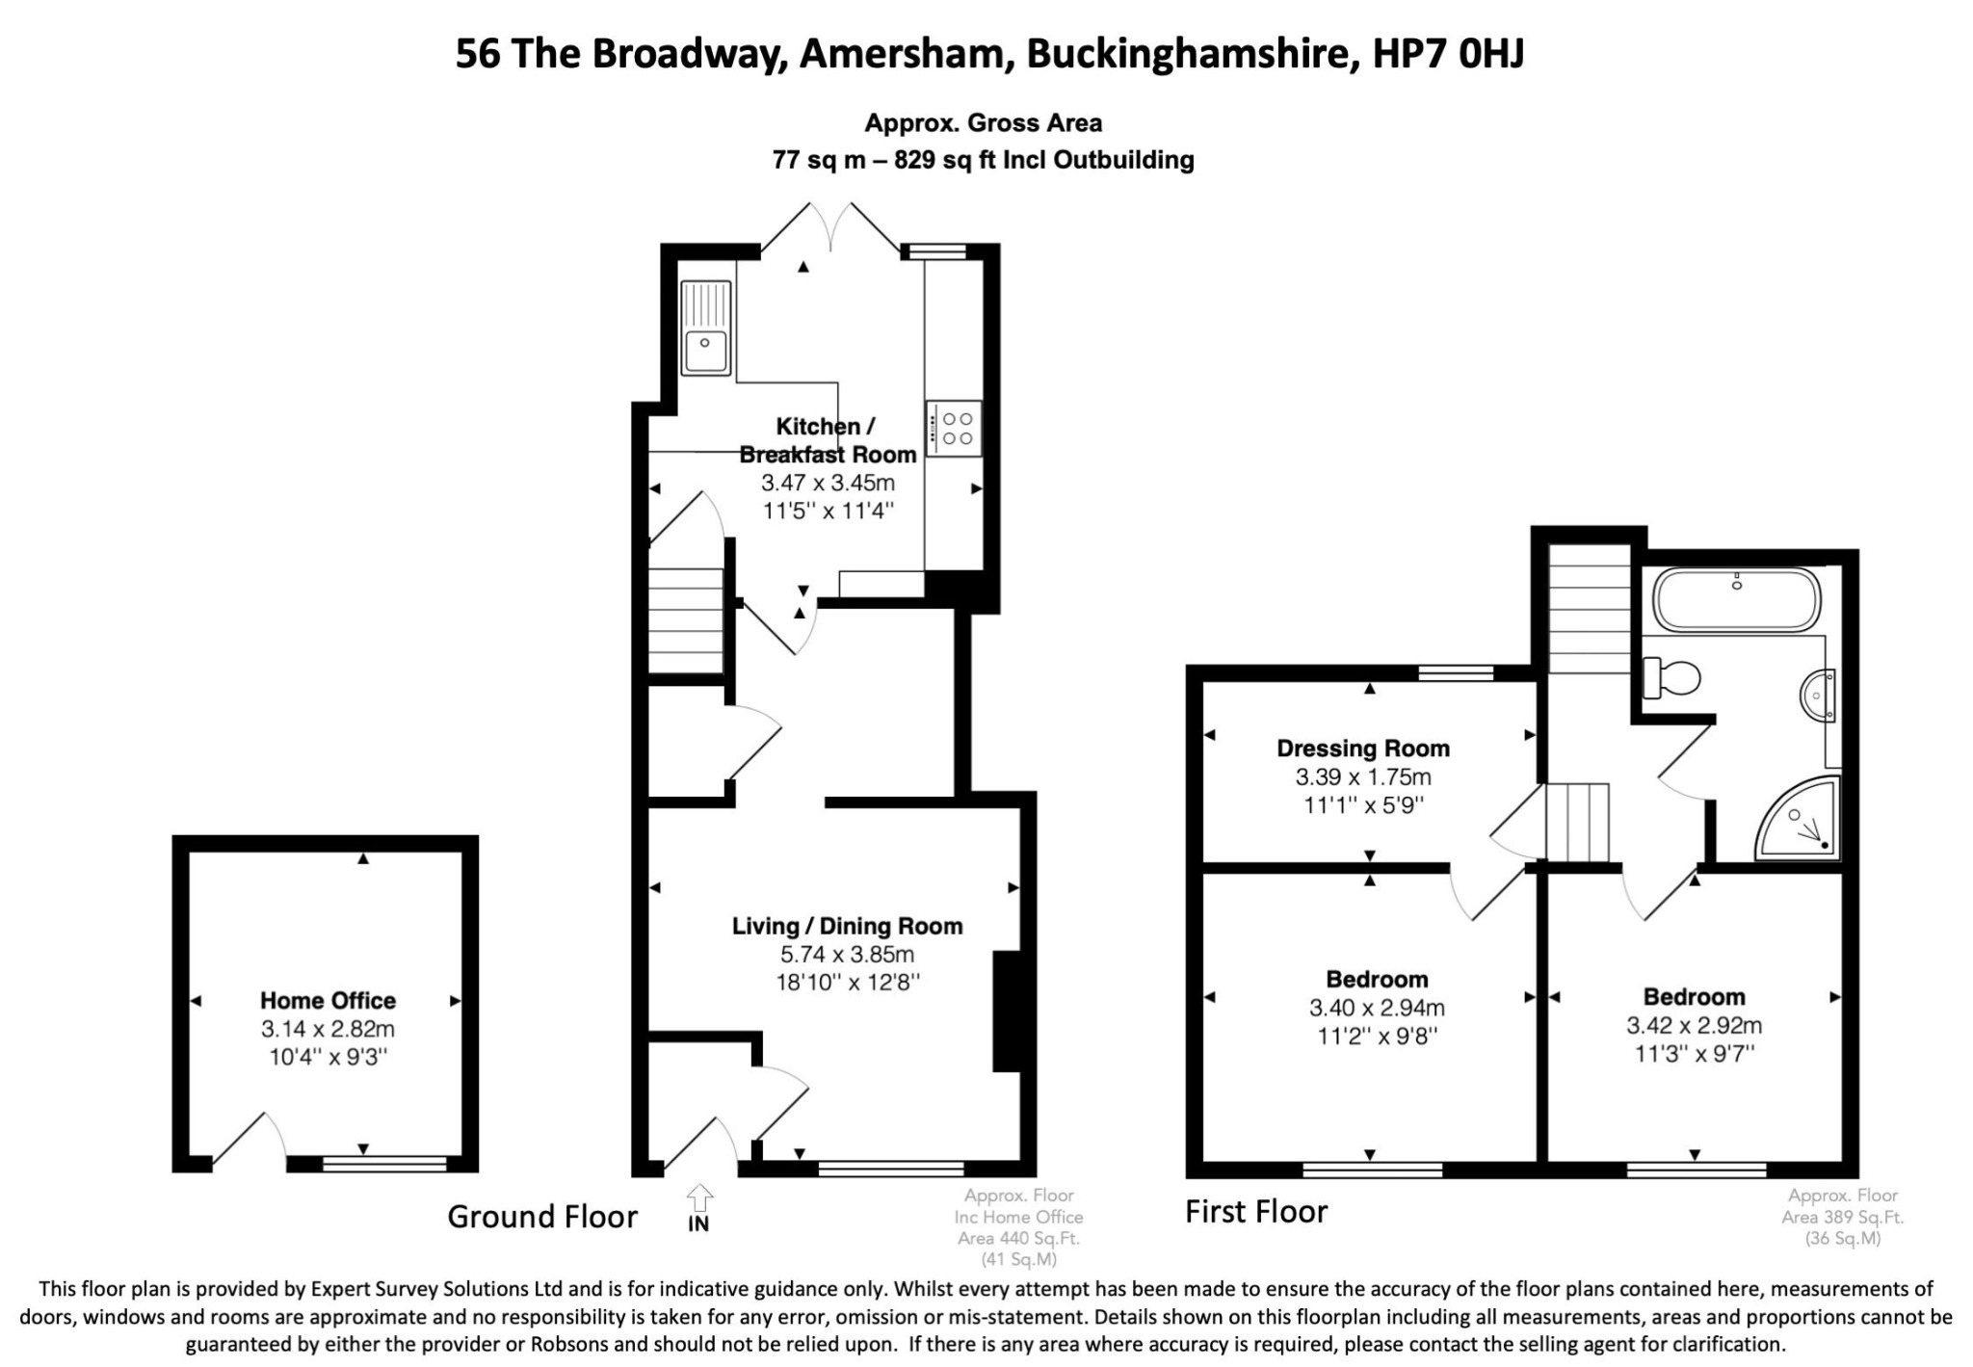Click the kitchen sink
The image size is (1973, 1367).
[x=706, y=327]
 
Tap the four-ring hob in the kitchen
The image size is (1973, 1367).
[x=954, y=428]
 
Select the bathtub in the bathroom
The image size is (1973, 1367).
[x=1737, y=600]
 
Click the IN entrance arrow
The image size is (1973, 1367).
[x=699, y=1208]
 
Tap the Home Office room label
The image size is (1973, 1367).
[x=328, y=1000]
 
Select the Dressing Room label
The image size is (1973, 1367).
[x=1363, y=748]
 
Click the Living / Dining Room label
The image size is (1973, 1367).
[x=848, y=926]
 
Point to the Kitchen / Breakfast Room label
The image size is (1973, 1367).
[x=828, y=439]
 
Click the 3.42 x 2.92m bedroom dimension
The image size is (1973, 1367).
[x=1695, y=1025]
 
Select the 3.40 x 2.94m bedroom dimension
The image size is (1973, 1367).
[x=1377, y=1008]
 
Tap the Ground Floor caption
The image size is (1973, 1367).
[x=542, y=1217]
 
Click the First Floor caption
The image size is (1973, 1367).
[x=1256, y=1211]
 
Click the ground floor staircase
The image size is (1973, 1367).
[x=685, y=620]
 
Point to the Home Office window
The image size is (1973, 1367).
[x=384, y=1164]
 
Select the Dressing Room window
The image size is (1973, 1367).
[x=1456, y=673]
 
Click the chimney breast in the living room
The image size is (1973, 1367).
[x=1007, y=1011]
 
